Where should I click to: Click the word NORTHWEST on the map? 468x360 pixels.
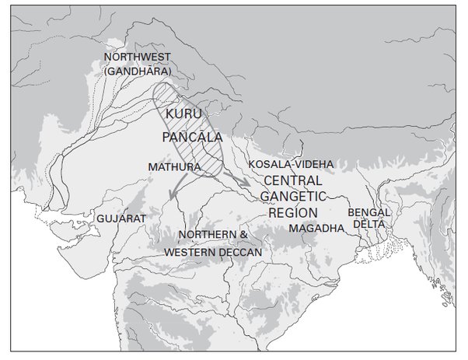(x=137, y=57)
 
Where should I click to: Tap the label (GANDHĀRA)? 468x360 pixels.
(x=137, y=72)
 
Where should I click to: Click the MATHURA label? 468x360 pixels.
(x=169, y=166)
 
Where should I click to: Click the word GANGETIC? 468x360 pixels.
(x=299, y=196)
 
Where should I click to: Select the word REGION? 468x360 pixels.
(x=294, y=212)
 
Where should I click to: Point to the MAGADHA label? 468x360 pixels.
(x=315, y=229)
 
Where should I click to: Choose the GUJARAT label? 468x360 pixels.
(x=120, y=218)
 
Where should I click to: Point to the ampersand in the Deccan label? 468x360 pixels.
(x=243, y=235)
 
